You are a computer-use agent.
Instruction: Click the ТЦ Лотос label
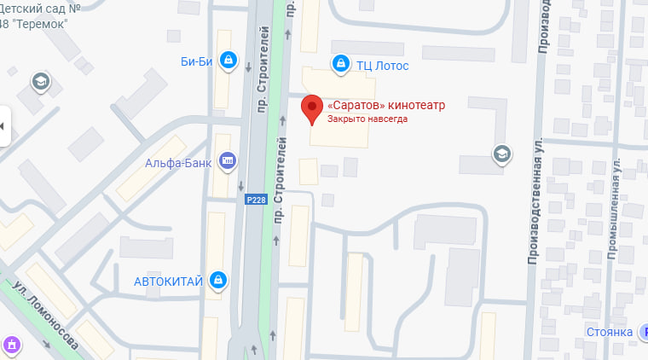pos(383,66)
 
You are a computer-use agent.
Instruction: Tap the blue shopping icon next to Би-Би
pos(228,61)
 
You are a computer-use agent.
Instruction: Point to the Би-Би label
pos(196,61)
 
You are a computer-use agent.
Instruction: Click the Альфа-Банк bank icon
pos(228,160)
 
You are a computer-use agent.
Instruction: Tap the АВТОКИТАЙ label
pos(168,280)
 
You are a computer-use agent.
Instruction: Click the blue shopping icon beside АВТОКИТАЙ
pos(219,279)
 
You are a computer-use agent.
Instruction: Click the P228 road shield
pos(254,199)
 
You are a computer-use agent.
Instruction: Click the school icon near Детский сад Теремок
pos(40,82)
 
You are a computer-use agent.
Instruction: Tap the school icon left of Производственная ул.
pos(501,154)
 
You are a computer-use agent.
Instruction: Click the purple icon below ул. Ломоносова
pos(12,345)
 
